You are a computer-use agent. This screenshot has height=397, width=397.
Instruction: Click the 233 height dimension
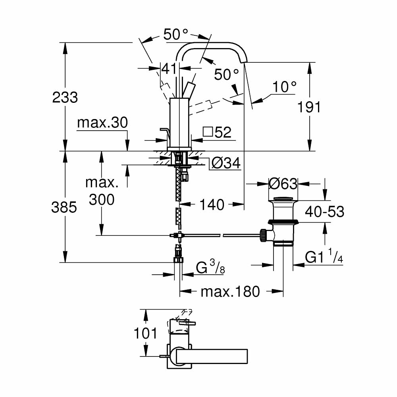(65, 97)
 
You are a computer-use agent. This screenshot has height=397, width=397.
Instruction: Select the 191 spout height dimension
(309, 107)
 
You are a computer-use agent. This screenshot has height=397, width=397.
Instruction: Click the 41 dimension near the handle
(170, 68)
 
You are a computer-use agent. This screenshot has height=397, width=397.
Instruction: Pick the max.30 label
(102, 123)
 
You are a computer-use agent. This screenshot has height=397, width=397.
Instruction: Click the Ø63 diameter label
(283, 183)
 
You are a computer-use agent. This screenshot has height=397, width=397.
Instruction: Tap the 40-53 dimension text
(324, 212)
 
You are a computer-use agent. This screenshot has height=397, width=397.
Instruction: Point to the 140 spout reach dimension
(212, 205)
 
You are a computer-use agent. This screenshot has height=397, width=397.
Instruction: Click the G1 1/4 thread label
(324, 257)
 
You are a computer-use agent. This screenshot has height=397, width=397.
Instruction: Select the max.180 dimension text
(230, 292)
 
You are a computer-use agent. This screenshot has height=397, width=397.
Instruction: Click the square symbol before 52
(208, 132)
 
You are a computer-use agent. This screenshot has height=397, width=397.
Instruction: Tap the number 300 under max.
(101, 199)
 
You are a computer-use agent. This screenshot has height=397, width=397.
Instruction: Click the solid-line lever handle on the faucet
(190, 89)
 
